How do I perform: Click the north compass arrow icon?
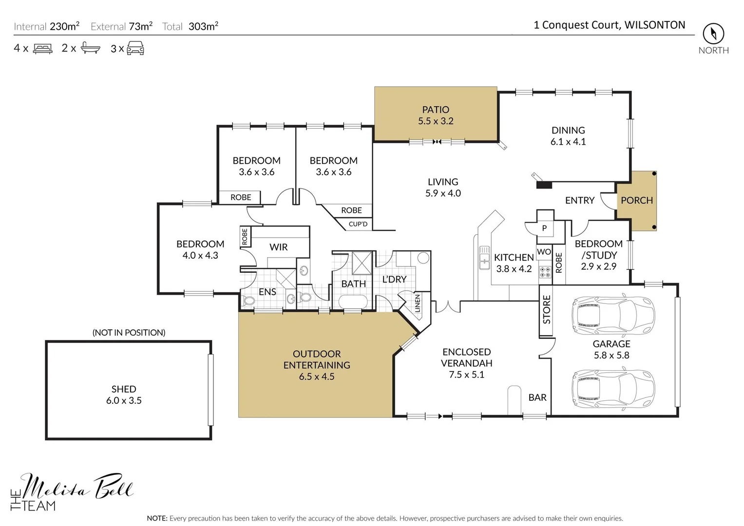(x=713, y=33)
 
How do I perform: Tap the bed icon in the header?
(x=43, y=49)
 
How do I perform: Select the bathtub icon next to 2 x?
(x=90, y=48)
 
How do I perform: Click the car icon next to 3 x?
(x=135, y=48)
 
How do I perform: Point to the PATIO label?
(x=436, y=110)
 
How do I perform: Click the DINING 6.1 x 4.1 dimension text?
(x=568, y=142)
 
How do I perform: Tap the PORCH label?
(x=637, y=200)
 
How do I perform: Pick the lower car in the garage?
(x=613, y=388)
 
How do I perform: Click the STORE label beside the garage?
(x=546, y=309)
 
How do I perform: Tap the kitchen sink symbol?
(x=484, y=258)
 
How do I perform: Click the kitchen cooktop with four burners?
(x=545, y=272)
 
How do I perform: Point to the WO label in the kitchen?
(x=544, y=252)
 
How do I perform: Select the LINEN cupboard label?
(x=418, y=303)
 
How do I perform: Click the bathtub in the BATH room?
(x=353, y=302)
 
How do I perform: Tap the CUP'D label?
(x=358, y=224)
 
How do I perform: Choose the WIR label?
(x=278, y=247)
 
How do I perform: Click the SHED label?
(x=124, y=389)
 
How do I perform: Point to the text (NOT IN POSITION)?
(x=129, y=332)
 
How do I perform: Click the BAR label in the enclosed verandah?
(x=537, y=397)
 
